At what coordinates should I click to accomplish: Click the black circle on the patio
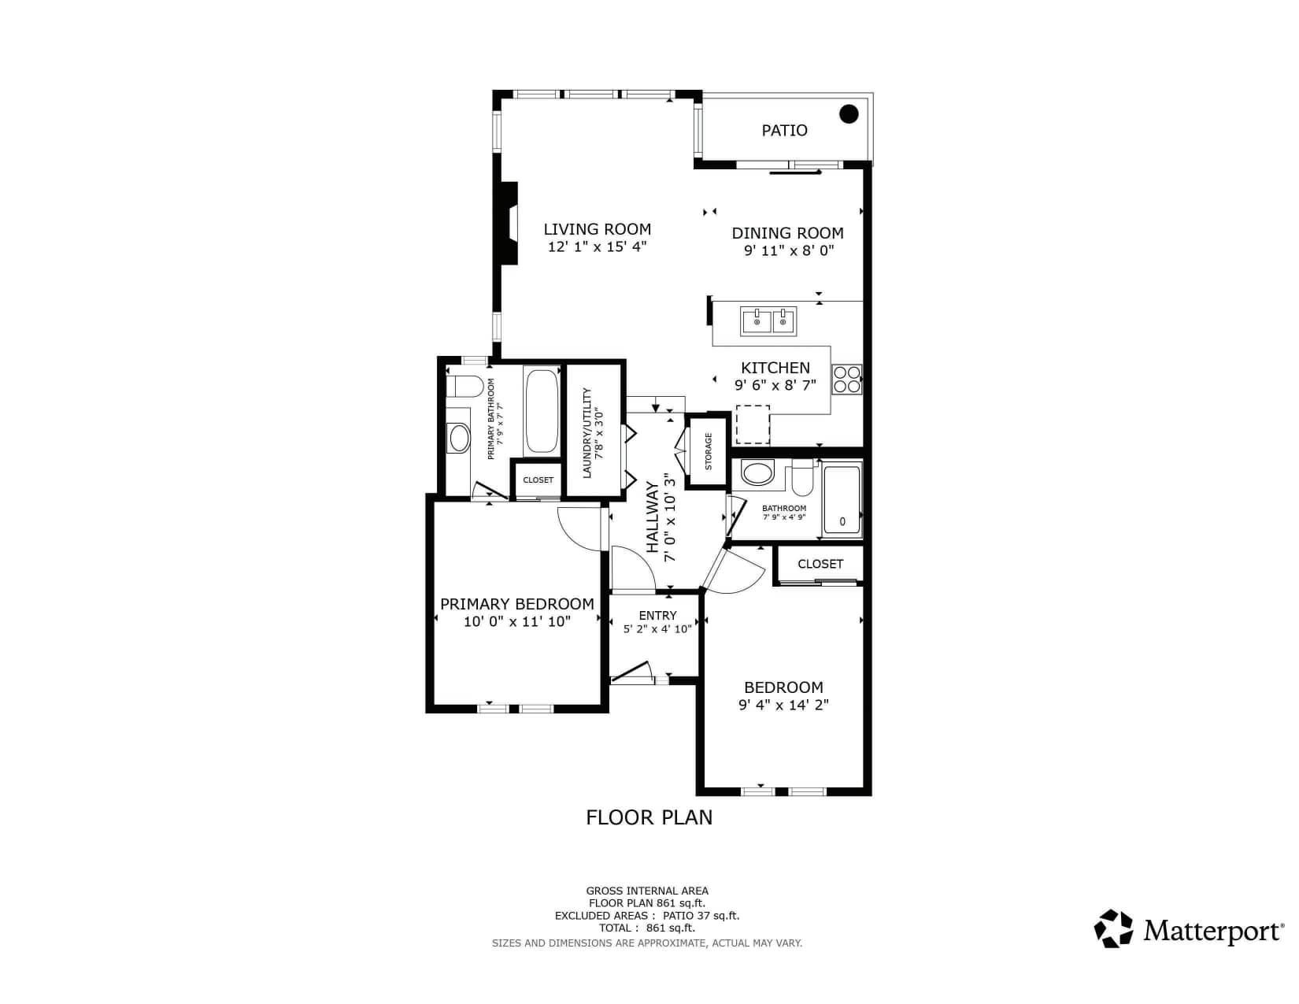click(x=848, y=113)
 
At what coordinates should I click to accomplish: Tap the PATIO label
click(x=784, y=131)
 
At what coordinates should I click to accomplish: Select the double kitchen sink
click(x=768, y=321)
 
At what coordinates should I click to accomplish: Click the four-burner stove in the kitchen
click(x=847, y=379)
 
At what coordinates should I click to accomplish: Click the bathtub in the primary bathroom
click(x=541, y=411)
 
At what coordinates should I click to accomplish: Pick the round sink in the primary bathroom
click(x=459, y=437)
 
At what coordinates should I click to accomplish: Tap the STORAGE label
click(x=709, y=451)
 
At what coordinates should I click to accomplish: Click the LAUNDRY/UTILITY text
click(x=587, y=433)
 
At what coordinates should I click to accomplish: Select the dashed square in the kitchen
click(x=752, y=424)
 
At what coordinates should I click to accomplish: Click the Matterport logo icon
click(x=1113, y=928)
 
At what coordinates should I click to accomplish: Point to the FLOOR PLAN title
click(x=649, y=817)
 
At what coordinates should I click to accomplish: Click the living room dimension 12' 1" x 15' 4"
click(x=598, y=246)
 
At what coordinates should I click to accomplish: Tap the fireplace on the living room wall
click(x=508, y=222)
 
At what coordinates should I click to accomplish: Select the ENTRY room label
click(x=657, y=615)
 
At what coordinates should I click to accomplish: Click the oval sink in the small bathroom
click(x=757, y=472)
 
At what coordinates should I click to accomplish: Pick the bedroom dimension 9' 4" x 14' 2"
click(x=783, y=705)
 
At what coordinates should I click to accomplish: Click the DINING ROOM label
click(x=787, y=233)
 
